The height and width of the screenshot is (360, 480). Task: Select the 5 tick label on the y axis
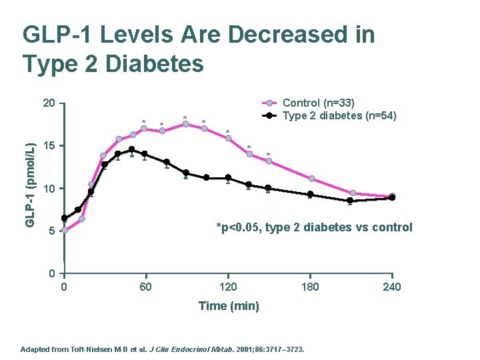point(51,232)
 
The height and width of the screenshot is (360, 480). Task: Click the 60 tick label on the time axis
point(145,287)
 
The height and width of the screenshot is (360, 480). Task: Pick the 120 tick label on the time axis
point(228,287)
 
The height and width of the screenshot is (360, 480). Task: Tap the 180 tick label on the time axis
point(310,287)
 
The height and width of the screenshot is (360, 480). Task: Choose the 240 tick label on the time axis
point(392,287)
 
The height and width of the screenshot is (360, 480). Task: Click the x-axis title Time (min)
point(229,306)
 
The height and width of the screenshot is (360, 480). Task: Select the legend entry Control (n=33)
point(319,103)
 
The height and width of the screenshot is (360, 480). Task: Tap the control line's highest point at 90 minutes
point(185,124)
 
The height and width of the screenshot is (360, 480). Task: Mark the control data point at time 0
point(65,230)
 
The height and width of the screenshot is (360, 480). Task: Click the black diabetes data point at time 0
point(65,218)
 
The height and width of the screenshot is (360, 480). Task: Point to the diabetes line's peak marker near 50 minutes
point(132,149)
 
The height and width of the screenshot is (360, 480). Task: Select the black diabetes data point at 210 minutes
point(350,201)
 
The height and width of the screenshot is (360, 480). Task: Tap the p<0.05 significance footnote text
point(314,227)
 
